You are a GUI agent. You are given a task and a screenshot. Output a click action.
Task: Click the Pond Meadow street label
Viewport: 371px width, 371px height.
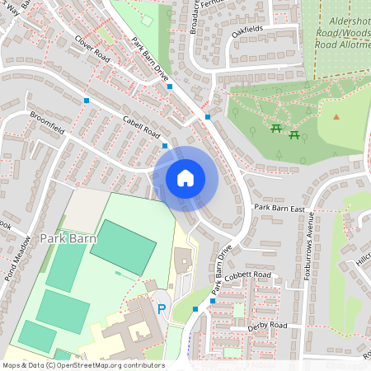16,262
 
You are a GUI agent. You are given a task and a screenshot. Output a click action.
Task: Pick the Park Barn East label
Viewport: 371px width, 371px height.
279,208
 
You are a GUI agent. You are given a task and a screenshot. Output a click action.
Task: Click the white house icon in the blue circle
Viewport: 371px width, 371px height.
185,177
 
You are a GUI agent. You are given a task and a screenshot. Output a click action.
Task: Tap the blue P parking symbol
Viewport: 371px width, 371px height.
162,310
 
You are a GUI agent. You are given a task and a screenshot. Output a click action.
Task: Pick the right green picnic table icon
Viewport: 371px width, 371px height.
294,135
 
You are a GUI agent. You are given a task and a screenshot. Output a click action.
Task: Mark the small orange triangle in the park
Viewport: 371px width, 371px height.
336,116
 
